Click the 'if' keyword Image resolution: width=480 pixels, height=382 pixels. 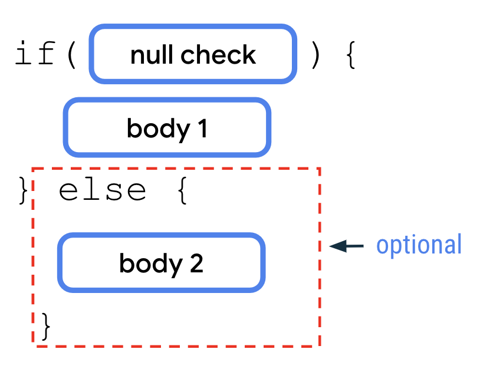coord(35,55)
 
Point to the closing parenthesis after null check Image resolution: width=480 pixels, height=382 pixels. coord(315,55)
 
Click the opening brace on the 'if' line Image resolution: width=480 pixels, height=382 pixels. coord(350,55)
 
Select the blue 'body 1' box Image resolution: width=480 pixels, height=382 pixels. coord(167,128)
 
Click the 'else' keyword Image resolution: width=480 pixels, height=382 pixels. coord(102,190)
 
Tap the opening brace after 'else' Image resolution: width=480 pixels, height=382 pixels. coord(182,190)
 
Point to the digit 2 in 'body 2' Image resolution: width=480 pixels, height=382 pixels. coord(196,264)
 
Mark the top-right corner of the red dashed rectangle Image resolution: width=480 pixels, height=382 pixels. coord(320,169)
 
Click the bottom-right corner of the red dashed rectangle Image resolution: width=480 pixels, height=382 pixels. coord(320,346)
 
